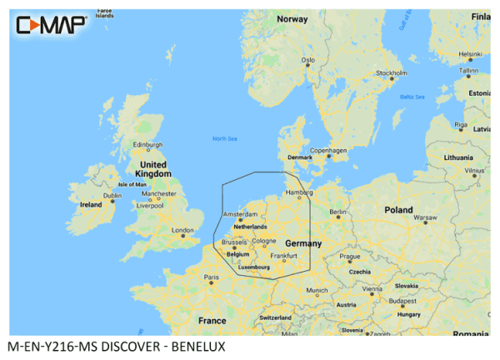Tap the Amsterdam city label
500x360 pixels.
[240, 214]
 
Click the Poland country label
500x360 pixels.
[397, 211]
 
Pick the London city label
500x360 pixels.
[182, 231]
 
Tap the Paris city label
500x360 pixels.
[212, 277]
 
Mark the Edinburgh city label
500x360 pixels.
[146, 144]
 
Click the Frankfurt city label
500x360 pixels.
[283, 255]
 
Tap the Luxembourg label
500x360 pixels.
[255, 267]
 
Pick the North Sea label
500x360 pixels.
[225, 138]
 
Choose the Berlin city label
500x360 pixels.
[337, 212]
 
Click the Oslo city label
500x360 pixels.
[308, 60]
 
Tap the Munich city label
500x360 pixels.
[317, 291]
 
